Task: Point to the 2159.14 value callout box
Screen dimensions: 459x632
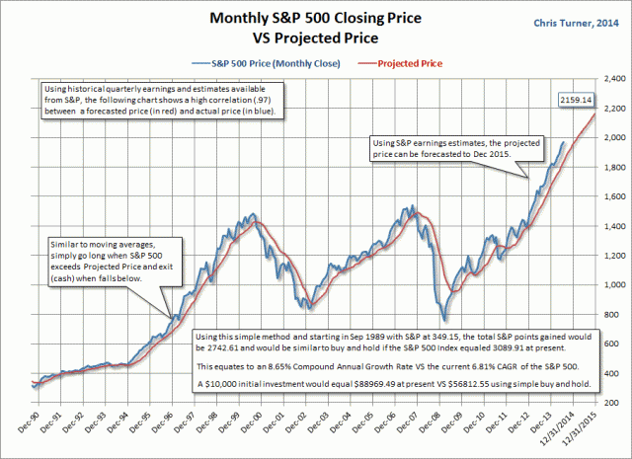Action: pos(574,100)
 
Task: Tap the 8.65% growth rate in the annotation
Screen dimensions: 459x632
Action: pos(276,364)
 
